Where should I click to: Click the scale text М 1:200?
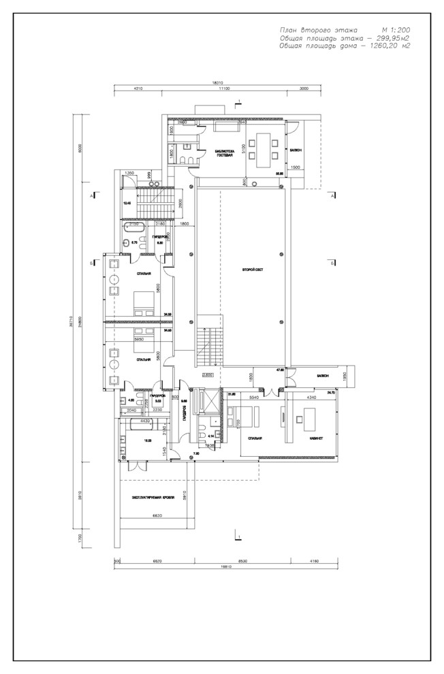(396, 31)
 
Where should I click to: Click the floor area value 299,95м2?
(387, 39)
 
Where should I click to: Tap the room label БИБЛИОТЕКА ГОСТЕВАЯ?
(224, 153)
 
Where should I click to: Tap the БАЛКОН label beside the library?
(296, 150)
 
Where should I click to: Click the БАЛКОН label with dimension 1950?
(323, 376)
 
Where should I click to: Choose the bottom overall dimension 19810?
(219, 566)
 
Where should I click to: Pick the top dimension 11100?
(222, 89)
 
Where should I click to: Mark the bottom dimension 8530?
(243, 560)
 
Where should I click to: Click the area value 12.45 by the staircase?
(127, 203)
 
